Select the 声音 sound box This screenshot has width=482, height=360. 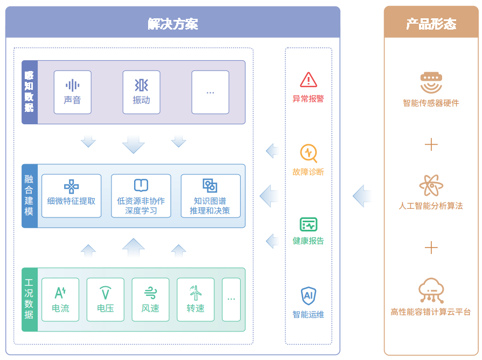tap(72, 92)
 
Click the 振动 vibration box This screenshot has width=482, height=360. tap(141, 92)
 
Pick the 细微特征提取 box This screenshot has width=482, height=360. tap(71, 196)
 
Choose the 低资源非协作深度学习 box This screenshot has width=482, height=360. tap(141, 196)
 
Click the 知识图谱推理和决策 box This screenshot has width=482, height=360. tap(210, 196)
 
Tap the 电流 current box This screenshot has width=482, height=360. tap(60, 300)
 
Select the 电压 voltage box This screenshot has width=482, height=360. tap(106, 300)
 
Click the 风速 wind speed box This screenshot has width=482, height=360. tap(150, 300)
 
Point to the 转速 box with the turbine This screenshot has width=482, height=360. tap(195, 300)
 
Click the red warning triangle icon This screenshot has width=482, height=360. tap(308, 80)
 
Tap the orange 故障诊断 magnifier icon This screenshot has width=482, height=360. tap(308, 153)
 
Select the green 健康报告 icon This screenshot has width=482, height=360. tap(308, 224)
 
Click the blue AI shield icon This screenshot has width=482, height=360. tap(308, 295)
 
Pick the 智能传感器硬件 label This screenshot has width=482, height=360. tap(431, 103)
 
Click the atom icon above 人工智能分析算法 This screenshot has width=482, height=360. tap(431, 186)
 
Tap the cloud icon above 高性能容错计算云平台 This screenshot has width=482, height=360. tap(431, 291)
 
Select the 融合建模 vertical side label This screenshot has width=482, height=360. tap(29, 196)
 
